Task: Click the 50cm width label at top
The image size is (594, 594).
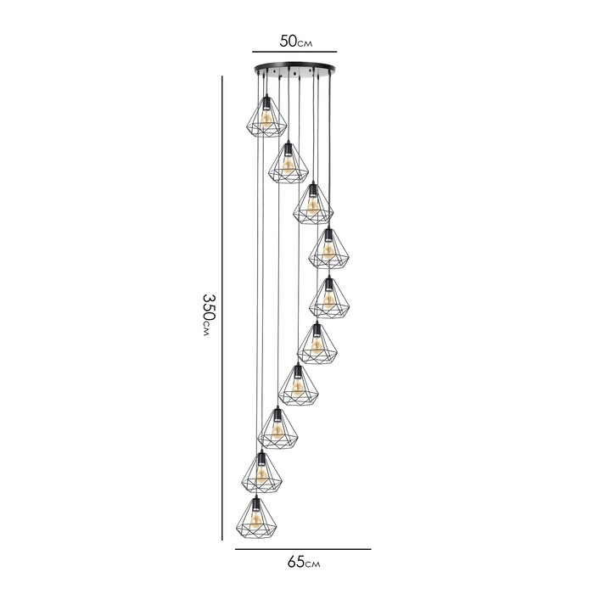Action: pos(296,41)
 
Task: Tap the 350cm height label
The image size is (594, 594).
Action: pos(209,315)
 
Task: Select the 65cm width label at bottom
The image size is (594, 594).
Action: pos(304,562)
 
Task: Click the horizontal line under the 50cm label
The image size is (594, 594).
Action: pos(294,52)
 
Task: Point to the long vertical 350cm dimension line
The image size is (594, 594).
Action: pos(222,308)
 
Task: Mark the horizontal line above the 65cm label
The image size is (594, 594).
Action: pos(303,549)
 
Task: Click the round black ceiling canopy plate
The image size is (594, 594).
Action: pos(294,69)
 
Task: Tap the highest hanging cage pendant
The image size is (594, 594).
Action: pos(266,117)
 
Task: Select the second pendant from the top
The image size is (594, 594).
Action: pos(289,163)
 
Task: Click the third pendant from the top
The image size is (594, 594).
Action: pos(313,204)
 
